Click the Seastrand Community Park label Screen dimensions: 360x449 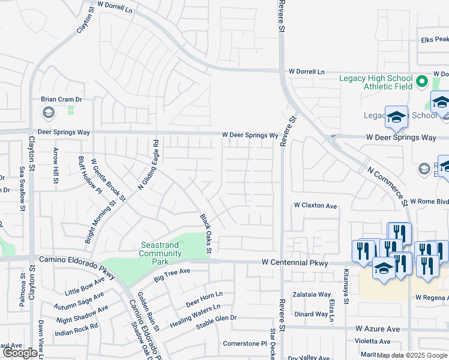pyautogui.click(x=161, y=249)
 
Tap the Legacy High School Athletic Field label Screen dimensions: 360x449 pyautogui.click(x=376, y=82)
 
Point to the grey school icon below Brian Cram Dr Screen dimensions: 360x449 pyautogui.click(x=47, y=112)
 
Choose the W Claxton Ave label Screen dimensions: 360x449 pyautogui.click(x=315, y=205)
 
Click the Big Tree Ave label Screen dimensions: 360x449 pyautogui.click(x=172, y=275)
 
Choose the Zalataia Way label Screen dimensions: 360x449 pyautogui.click(x=312, y=295)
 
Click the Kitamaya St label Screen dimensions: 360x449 pyautogui.click(x=346, y=287)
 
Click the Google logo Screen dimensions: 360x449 pyautogui.click(x=20, y=353)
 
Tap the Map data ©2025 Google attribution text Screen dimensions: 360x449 pyautogui.click(x=412, y=355)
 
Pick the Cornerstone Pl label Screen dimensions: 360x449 pyautogui.click(x=244, y=344)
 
